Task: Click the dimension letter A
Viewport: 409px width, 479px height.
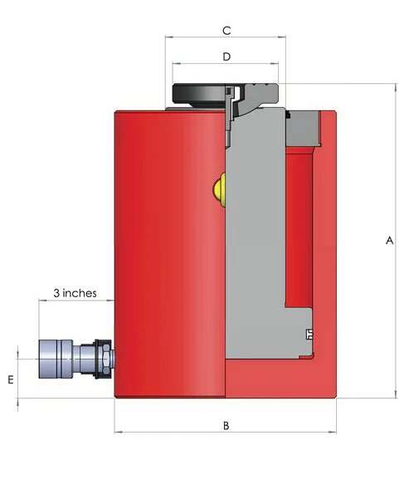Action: coord(388,242)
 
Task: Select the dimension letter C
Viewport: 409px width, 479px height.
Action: coord(226,31)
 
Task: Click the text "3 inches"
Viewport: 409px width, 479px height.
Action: coord(75,293)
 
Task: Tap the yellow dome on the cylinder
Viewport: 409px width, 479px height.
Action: coord(220,188)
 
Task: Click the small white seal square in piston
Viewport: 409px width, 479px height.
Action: coord(309,335)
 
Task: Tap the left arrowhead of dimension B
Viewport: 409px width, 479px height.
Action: coord(117,432)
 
